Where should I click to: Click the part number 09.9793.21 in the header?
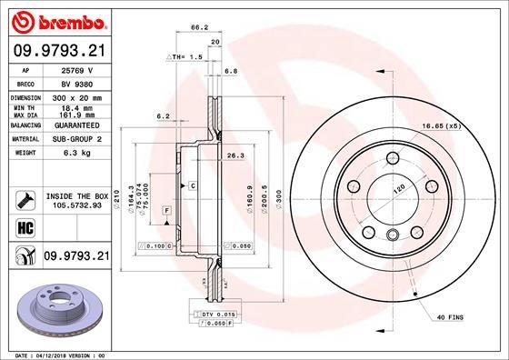[56, 52]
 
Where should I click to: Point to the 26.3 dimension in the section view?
[235, 155]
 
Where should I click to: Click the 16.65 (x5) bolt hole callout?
[439, 128]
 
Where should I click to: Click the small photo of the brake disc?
[55, 307]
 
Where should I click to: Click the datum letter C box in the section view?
[194, 185]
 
